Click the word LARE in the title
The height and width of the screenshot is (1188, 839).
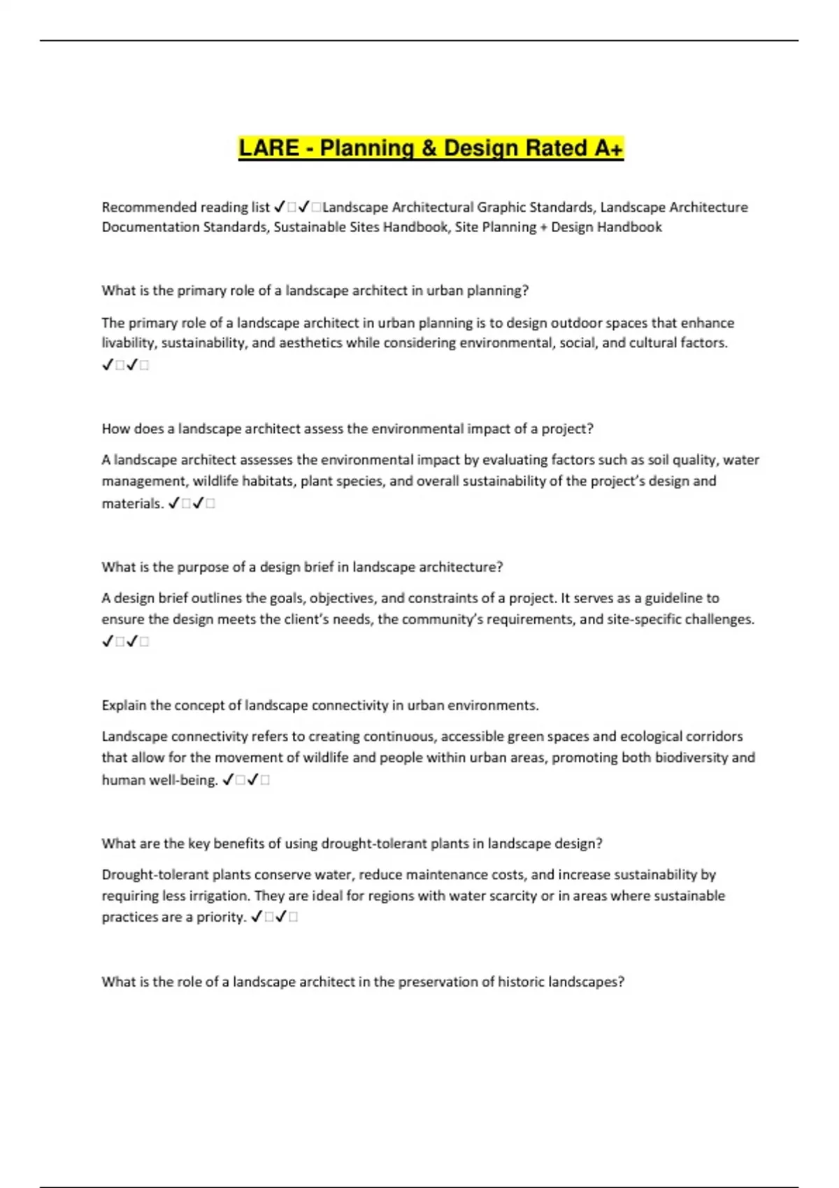tap(268, 148)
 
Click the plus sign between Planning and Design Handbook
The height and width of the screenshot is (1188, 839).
tap(543, 227)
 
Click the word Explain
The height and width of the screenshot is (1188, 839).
tap(124, 706)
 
